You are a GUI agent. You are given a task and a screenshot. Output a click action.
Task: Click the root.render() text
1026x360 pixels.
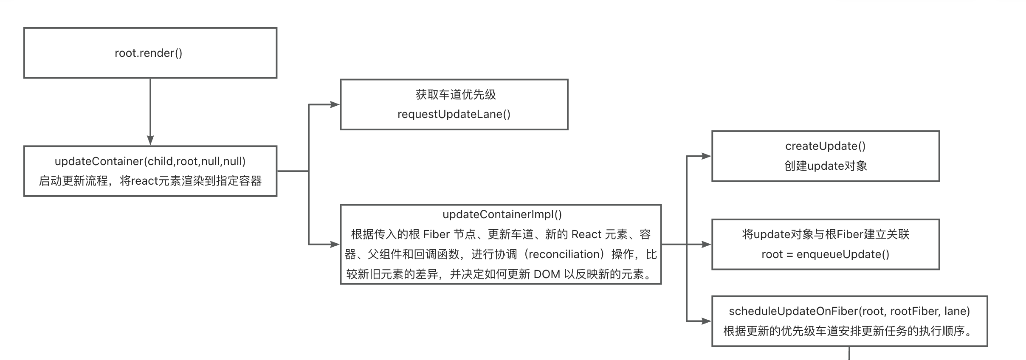coord(148,53)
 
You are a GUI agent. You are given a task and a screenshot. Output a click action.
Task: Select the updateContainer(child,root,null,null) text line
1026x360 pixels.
coord(150,161)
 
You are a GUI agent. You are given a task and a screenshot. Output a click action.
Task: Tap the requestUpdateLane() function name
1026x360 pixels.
coord(454,114)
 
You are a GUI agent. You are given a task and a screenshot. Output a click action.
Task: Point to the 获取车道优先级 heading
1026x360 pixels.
coord(456,94)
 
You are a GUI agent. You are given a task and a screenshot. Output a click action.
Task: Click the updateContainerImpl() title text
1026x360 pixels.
coord(502,214)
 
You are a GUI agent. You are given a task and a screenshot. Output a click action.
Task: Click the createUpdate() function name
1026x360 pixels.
coord(825,146)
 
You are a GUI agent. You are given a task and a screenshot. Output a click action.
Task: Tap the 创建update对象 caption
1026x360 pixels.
coord(825,166)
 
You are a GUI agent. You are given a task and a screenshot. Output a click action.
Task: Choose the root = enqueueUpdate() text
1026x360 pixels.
coord(825,254)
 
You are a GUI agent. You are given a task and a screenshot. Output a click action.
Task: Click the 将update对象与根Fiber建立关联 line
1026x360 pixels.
coord(825,234)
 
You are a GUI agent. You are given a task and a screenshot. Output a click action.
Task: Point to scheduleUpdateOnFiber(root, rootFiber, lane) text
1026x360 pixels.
coord(849,311)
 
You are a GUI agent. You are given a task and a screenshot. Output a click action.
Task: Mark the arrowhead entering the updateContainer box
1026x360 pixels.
coord(150,141)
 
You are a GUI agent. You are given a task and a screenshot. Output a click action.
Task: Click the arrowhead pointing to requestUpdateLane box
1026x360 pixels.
coord(335,104)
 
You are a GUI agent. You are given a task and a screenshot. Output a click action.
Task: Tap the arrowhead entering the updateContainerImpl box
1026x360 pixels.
coord(335,244)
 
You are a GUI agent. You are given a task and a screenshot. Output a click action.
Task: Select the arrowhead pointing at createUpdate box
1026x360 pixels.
coord(706,156)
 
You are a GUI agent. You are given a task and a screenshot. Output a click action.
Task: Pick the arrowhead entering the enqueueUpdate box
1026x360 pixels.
coord(706,244)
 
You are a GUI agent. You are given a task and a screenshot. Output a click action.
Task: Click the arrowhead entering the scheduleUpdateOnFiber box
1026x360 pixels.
coord(706,321)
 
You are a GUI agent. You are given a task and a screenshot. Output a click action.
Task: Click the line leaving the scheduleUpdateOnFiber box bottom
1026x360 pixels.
coord(849,353)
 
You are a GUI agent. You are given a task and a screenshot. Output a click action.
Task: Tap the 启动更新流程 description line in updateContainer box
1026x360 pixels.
coord(150,181)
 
